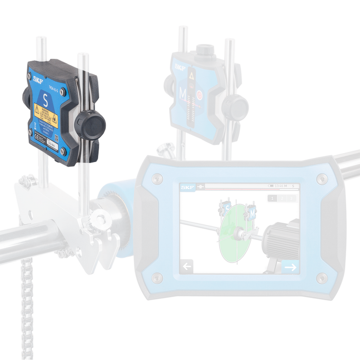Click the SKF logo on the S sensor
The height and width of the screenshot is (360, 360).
tap(38, 79)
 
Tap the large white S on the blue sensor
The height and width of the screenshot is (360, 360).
tap(45, 100)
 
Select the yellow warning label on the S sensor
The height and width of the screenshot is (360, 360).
tap(45, 114)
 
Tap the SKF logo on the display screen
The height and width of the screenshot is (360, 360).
tap(187, 186)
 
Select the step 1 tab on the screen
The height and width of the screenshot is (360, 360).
tap(273, 198)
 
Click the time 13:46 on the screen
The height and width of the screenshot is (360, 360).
tap(280, 186)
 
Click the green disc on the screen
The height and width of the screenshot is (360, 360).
tap(234, 232)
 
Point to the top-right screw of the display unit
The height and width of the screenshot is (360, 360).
tap(321, 178)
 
